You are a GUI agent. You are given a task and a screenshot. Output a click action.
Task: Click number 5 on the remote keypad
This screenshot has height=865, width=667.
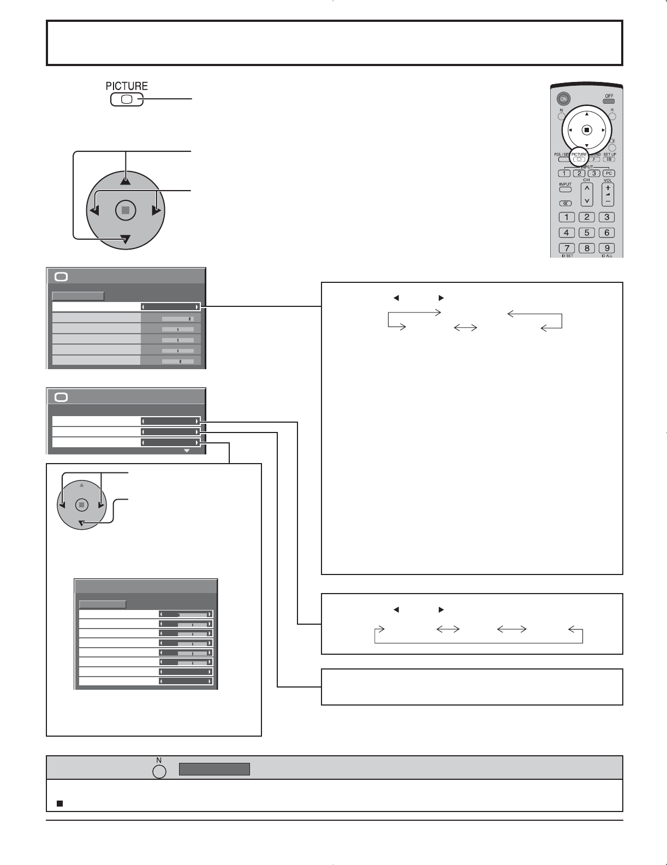[x=587, y=233]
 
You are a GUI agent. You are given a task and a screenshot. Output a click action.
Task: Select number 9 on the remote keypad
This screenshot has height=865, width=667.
[x=606, y=248]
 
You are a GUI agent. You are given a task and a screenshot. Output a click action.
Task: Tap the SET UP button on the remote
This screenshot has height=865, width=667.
[x=610, y=159]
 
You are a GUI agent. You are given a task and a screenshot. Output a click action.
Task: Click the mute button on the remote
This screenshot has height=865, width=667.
[x=565, y=203]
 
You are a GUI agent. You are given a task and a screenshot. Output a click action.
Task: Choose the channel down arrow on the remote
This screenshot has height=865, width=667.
[x=587, y=200]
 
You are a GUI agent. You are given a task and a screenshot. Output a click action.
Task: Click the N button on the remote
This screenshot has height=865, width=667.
[x=561, y=116]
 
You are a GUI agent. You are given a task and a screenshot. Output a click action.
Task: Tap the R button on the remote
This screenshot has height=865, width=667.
[x=612, y=116]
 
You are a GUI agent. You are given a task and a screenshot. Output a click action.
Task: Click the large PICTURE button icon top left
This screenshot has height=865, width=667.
[x=126, y=100]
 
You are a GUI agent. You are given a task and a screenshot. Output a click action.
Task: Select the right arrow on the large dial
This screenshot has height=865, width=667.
[x=157, y=210]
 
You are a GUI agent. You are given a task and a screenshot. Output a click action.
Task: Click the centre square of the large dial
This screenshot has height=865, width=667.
[x=126, y=210]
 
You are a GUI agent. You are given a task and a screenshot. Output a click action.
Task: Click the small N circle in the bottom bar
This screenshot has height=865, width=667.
[x=159, y=771]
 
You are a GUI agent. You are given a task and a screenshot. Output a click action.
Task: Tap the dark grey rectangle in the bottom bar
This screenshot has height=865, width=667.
[x=214, y=769]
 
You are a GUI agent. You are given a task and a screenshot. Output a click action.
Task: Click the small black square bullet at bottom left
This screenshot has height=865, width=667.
[x=59, y=804]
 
